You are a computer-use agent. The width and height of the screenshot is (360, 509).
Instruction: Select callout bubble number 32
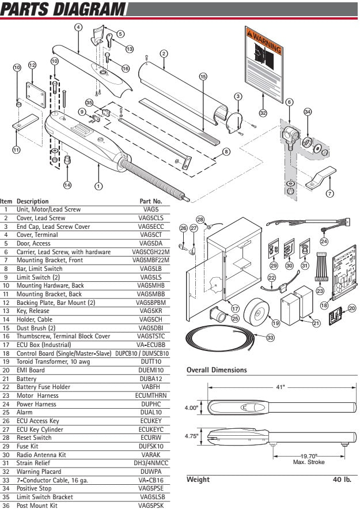[x=263, y=113]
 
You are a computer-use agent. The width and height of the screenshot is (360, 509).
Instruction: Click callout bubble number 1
[x=98, y=186]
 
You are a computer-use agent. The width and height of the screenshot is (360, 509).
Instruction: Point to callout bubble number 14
[x=68, y=185]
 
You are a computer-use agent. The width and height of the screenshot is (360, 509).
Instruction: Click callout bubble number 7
[x=329, y=193]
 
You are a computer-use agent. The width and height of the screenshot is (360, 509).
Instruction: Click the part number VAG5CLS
[x=151, y=218]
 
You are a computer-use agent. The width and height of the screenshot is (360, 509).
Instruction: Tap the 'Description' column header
[x=33, y=201]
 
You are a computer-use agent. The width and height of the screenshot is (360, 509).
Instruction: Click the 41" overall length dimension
[x=279, y=387]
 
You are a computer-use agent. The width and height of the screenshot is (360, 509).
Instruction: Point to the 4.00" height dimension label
[x=191, y=408]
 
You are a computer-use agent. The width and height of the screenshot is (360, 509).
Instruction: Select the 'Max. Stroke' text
[x=309, y=462]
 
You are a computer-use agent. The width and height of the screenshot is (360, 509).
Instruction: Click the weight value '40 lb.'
[x=341, y=480]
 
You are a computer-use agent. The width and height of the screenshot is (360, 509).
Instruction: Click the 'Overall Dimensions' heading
[x=217, y=370]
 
